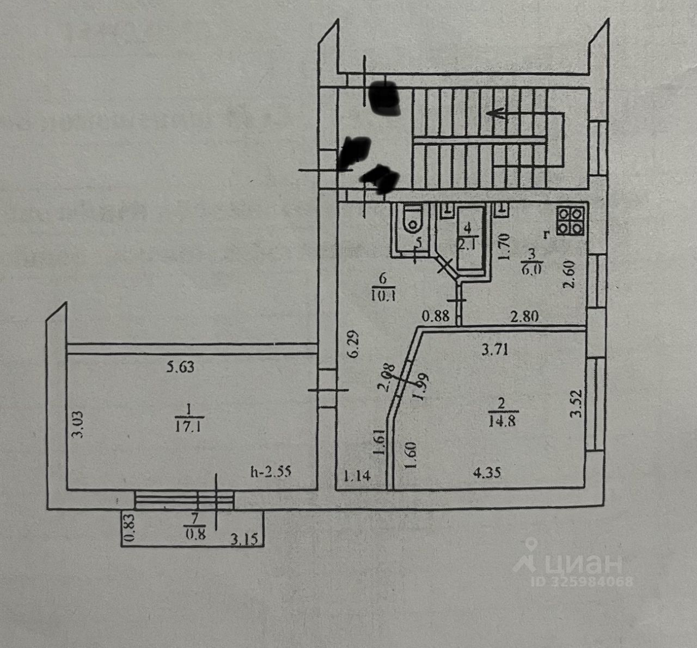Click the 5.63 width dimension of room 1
(x=180, y=367)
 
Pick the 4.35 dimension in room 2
(x=486, y=473)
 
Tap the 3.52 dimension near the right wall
(x=576, y=404)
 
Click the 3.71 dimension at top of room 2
(x=495, y=350)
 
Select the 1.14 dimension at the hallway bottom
(x=357, y=476)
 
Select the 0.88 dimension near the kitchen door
(x=437, y=316)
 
